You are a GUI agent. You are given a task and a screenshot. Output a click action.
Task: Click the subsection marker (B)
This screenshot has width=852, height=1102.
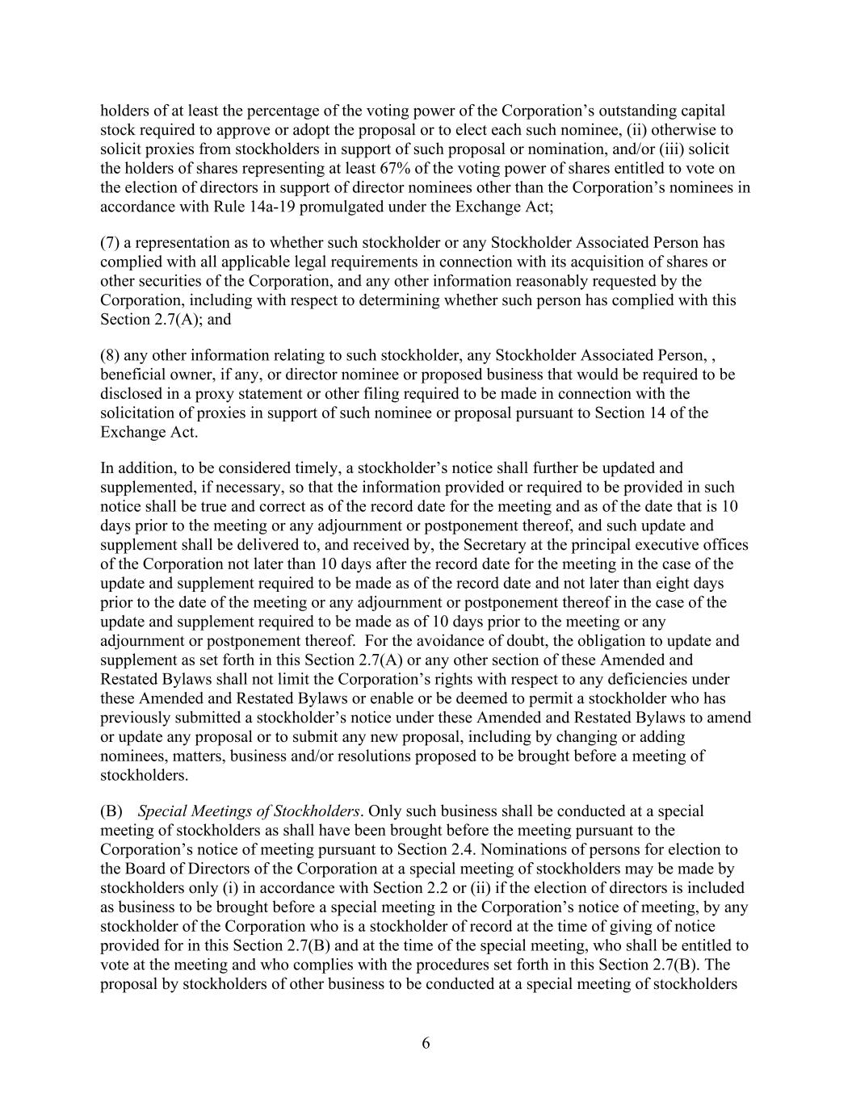click(x=111, y=811)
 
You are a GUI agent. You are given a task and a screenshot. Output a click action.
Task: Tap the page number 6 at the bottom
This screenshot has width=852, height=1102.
click(x=426, y=1043)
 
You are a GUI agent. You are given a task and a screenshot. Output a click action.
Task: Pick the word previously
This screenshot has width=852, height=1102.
click(x=134, y=718)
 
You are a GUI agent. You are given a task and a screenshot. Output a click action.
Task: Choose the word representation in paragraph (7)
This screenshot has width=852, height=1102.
click(x=181, y=242)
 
